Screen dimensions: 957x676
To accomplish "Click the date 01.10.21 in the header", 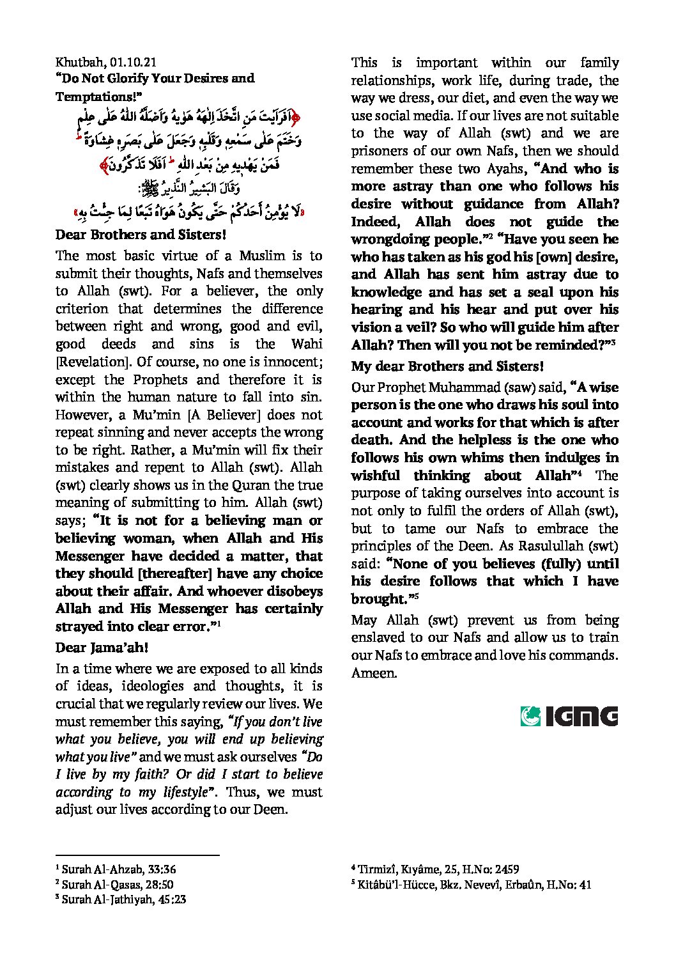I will (x=134, y=62).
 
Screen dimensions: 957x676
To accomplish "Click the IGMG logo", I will (x=569, y=716).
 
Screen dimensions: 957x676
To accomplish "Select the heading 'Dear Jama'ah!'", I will (x=102, y=648).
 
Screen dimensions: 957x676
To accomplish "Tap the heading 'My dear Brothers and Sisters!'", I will (x=447, y=366).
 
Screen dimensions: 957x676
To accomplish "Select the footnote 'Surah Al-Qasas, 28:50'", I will (x=118, y=885).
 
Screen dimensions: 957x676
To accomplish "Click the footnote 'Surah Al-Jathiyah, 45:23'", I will (x=124, y=899).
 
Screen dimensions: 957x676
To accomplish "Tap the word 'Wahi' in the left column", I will (x=307, y=344).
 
